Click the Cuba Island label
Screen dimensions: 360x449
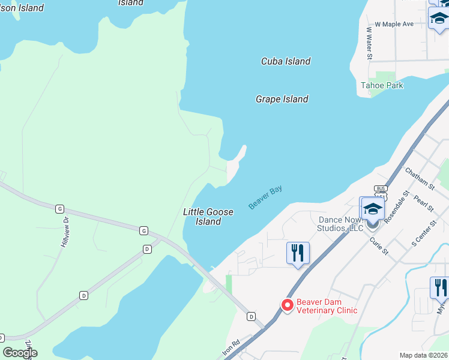(x=286, y=61)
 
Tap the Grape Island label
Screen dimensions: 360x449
(x=282, y=99)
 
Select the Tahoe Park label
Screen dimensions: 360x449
(x=382, y=85)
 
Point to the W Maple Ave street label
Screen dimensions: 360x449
(x=394, y=24)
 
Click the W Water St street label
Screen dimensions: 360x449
(x=370, y=43)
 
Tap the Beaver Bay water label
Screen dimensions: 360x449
(x=265, y=197)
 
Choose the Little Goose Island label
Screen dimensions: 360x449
(x=208, y=217)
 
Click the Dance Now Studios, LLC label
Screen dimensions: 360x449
(x=340, y=224)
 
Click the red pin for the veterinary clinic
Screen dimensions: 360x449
(x=287, y=305)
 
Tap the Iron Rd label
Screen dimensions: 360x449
(x=231, y=349)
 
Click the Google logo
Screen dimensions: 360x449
(x=20, y=353)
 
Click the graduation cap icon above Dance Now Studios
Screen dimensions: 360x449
(x=372, y=209)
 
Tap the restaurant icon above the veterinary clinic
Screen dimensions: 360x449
(x=298, y=253)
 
